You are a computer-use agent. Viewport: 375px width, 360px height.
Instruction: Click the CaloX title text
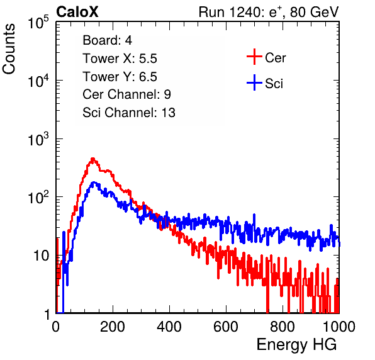pyautogui.click(x=77, y=12)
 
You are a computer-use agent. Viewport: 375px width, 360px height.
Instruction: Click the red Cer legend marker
pyautogui.click(x=254, y=57)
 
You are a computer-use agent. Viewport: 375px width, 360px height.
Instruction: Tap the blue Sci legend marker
pyautogui.click(x=254, y=82)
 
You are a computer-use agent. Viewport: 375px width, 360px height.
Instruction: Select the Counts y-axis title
pyautogui.click(x=9, y=49)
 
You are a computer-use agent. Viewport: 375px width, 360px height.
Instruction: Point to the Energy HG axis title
pyautogui.click(x=296, y=345)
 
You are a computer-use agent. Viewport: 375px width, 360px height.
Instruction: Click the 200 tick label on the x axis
pyautogui.click(x=113, y=327)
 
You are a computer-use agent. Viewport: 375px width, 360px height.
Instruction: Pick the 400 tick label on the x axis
pyautogui.click(x=169, y=327)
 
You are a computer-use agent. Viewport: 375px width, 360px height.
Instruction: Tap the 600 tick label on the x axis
pyautogui.click(x=226, y=327)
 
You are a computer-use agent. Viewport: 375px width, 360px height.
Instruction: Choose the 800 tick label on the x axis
pyautogui.click(x=283, y=327)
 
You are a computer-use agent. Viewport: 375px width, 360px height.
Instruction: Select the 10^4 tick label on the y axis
pyautogui.click(x=38, y=81)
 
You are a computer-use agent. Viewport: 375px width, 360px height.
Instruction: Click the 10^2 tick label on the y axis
pyautogui.click(x=38, y=197)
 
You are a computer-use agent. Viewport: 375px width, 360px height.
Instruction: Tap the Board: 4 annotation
pyautogui.click(x=107, y=40)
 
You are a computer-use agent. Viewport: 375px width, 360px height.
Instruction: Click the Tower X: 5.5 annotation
pyautogui.click(x=120, y=59)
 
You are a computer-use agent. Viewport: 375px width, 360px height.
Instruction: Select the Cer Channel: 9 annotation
pyautogui.click(x=126, y=94)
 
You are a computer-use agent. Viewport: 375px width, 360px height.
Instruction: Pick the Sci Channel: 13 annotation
pyautogui.click(x=129, y=113)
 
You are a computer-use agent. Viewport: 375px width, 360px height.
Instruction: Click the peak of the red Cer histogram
pyautogui.click(x=92, y=159)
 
